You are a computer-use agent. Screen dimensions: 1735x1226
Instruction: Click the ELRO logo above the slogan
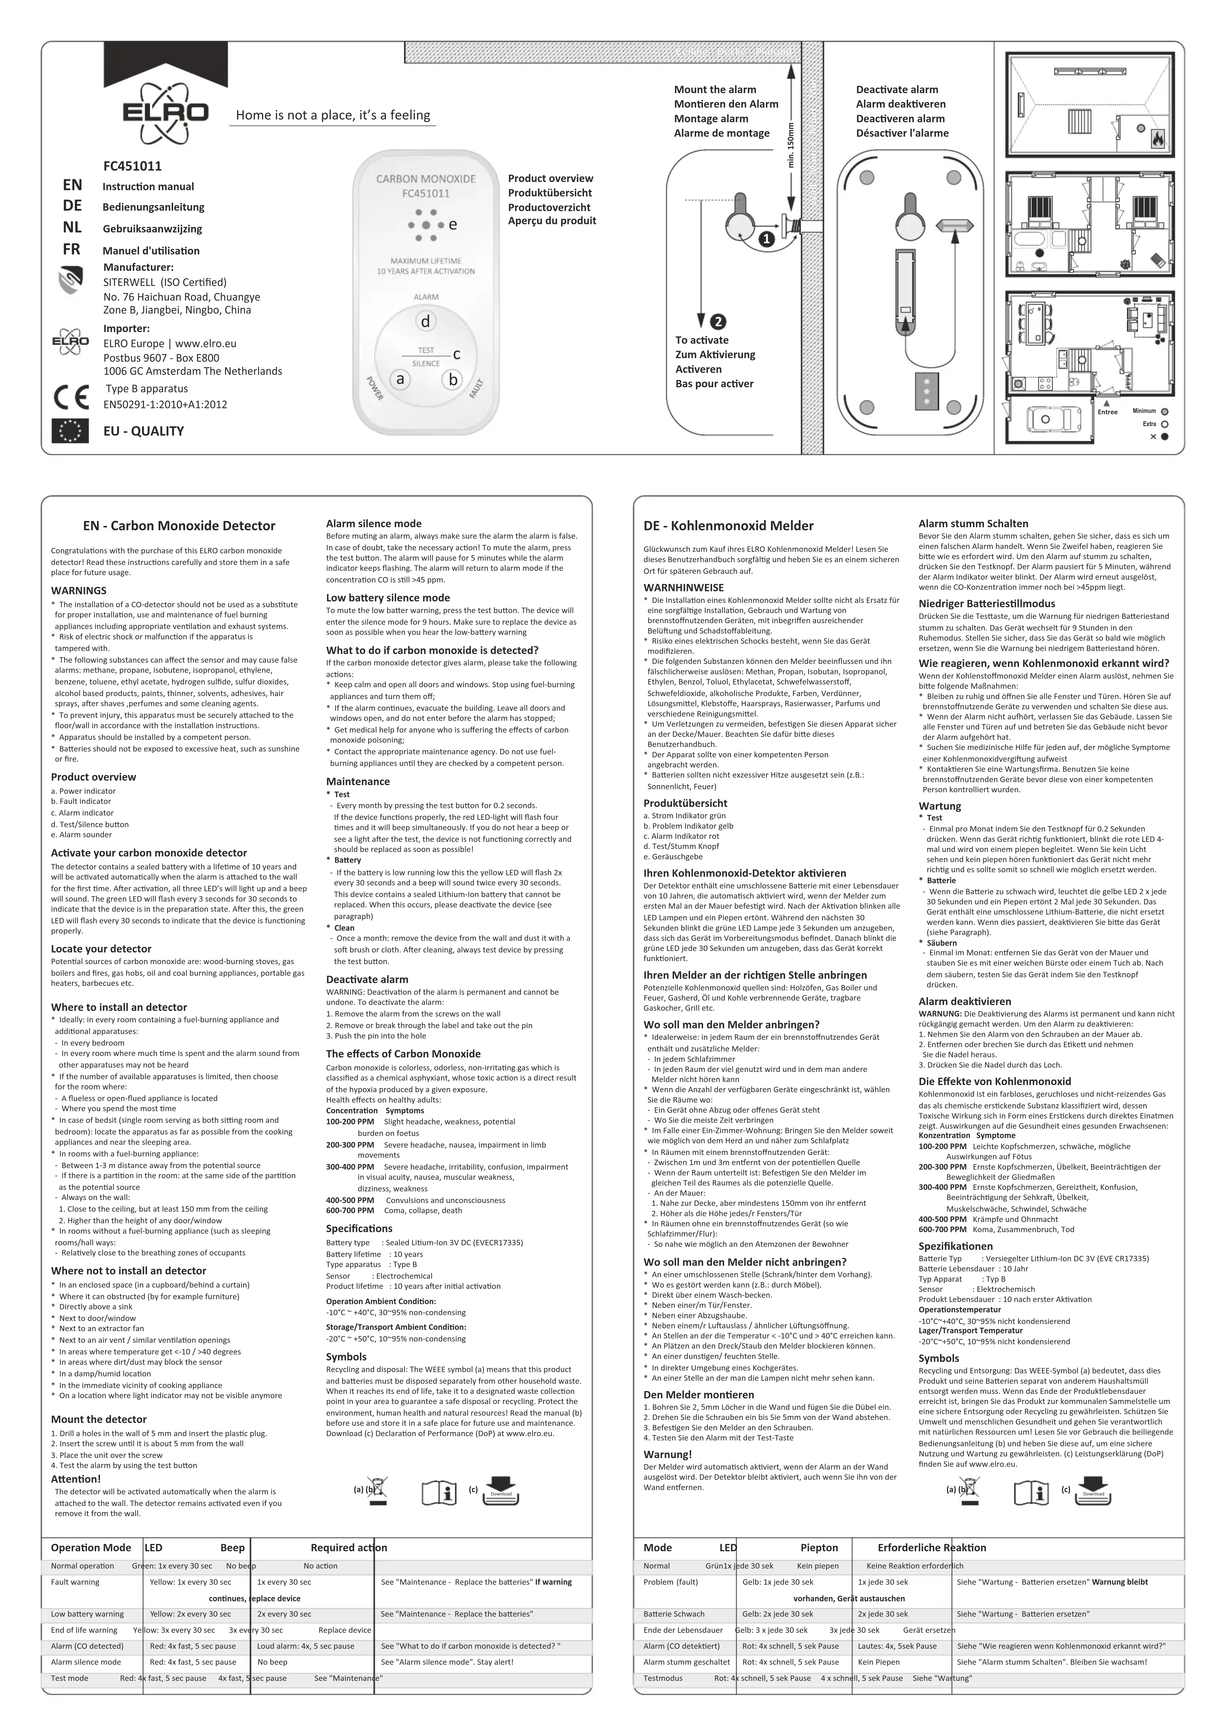pyautogui.click(x=166, y=113)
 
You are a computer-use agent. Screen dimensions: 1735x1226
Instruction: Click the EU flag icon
pyautogui.click(x=71, y=431)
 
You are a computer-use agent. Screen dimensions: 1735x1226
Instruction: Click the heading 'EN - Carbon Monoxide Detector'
pyautogui.click(x=179, y=526)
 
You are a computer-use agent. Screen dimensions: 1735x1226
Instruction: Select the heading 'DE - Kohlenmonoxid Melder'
pyautogui.click(x=728, y=526)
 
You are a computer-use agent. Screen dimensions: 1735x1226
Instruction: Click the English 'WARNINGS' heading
pyautogui.click(x=78, y=591)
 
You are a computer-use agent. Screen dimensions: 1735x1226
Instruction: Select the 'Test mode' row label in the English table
pyautogui.click(x=69, y=1678)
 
